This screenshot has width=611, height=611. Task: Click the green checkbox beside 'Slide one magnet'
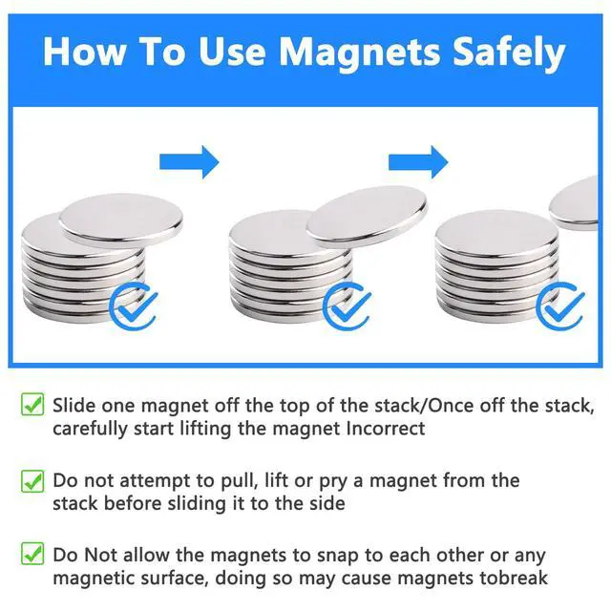coord(32,405)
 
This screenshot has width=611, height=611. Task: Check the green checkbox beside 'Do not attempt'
coord(32,480)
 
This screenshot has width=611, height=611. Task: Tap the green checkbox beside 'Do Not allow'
coord(32,555)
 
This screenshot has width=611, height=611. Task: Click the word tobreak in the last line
coord(513,579)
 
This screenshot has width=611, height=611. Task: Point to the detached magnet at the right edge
coord(578,202)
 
